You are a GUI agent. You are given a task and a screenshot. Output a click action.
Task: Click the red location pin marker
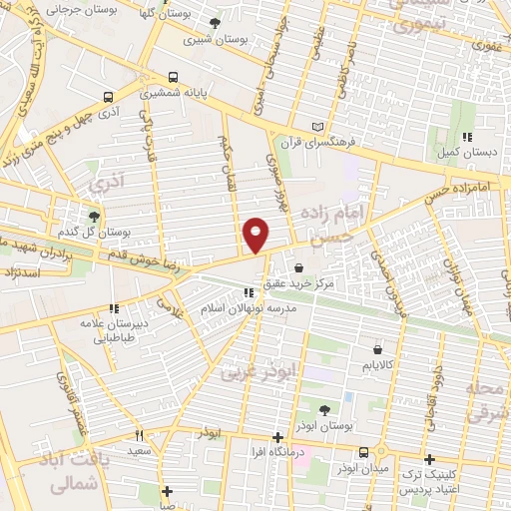256,235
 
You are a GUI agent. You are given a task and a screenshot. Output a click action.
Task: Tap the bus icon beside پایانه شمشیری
175,76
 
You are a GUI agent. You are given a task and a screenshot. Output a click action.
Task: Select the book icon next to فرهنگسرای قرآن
318,127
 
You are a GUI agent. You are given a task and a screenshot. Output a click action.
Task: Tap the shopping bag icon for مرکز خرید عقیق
299,267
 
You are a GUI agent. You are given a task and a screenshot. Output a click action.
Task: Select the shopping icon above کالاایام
377,349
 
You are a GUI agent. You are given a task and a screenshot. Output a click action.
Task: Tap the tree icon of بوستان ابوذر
324,408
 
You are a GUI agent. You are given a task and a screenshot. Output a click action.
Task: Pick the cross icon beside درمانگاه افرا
277,437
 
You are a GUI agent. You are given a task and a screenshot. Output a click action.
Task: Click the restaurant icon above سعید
140,435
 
